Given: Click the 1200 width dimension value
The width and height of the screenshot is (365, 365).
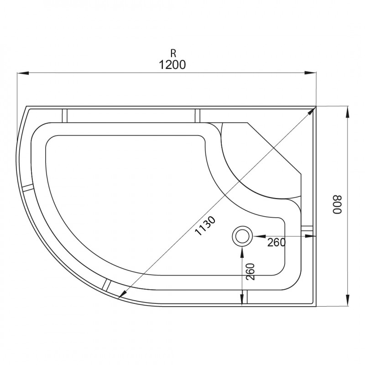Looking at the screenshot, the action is (172, 65).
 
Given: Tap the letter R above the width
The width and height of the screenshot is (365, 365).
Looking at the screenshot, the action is (173, 53).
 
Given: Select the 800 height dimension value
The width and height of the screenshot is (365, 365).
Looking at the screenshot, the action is (337, 204).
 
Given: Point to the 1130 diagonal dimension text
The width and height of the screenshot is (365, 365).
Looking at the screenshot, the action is (205, 226).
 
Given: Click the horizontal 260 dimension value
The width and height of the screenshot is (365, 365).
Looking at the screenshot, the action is (276, 243).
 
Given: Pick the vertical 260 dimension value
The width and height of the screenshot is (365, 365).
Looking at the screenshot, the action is (250, 271).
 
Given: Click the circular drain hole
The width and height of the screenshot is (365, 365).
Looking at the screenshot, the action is (242, 236).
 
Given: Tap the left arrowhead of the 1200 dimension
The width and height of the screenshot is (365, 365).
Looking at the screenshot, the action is (23, 73).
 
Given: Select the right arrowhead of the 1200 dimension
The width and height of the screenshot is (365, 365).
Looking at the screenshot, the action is (311, 73).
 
